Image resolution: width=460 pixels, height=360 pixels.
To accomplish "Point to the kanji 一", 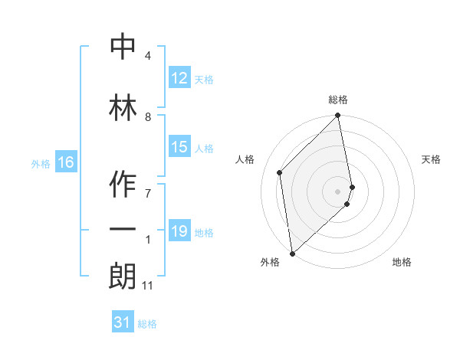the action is tap(123, 229).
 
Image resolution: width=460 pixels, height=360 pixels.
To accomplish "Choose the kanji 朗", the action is tap(123, 275).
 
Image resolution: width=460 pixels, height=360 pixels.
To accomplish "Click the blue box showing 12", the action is tap(179, 78).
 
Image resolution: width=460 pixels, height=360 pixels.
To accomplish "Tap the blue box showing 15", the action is tap(179, 147).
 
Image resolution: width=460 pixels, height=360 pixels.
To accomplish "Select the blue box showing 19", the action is tap(179, 231).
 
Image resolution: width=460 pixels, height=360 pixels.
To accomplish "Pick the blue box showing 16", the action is tap(66, 162).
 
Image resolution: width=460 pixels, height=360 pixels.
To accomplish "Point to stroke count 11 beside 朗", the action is tap(147, 286).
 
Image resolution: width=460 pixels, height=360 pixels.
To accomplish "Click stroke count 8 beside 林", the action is tap(148, 117).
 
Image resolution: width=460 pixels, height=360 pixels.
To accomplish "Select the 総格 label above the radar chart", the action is tap(338, 100).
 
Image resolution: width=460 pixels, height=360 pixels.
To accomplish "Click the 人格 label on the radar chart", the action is tap(245, 159).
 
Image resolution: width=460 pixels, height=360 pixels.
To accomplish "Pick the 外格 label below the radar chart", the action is tap(270, 262).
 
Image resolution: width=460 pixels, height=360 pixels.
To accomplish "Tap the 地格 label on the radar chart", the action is tap(402, 262).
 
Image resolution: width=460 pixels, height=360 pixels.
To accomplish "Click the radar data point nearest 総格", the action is tap(338, 116).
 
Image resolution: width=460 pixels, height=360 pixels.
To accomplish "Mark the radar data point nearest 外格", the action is tap(292, 253).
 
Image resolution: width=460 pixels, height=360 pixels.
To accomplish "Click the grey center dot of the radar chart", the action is tap(338, 191).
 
